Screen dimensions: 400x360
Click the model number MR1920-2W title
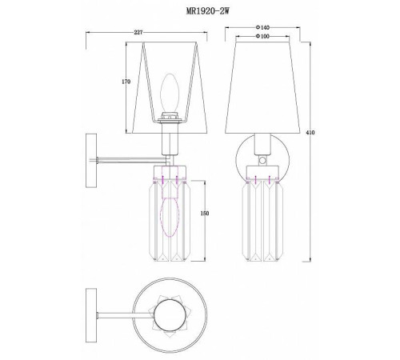[207, 11]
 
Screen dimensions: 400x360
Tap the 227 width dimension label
[138, 32]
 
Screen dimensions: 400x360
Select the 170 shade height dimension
[126, 82]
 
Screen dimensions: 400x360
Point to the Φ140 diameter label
[262, 27]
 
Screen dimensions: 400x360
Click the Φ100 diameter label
[262, 36]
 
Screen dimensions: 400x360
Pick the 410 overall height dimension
[310, 132]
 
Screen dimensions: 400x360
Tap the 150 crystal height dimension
[205, 214]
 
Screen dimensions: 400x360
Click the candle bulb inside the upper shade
[170, 93]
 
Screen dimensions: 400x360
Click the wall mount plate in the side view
[91, 161]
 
